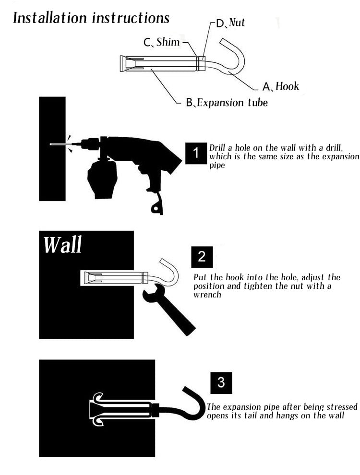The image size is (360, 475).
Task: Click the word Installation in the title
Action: [50, 18]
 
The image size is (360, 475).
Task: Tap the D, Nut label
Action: [230, 23]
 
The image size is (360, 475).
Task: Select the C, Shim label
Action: [161, 42]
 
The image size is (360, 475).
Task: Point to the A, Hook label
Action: [281, 86]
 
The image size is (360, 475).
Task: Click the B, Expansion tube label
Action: [227, 103]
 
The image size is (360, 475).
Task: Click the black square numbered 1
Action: [196, 153]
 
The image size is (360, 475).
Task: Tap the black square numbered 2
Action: [202, 257]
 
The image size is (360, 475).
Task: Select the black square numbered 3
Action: [221, 382]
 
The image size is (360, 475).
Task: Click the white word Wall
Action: [63, 245]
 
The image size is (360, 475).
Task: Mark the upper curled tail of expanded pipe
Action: [98, 397]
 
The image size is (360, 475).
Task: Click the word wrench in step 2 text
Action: [207, 295]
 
